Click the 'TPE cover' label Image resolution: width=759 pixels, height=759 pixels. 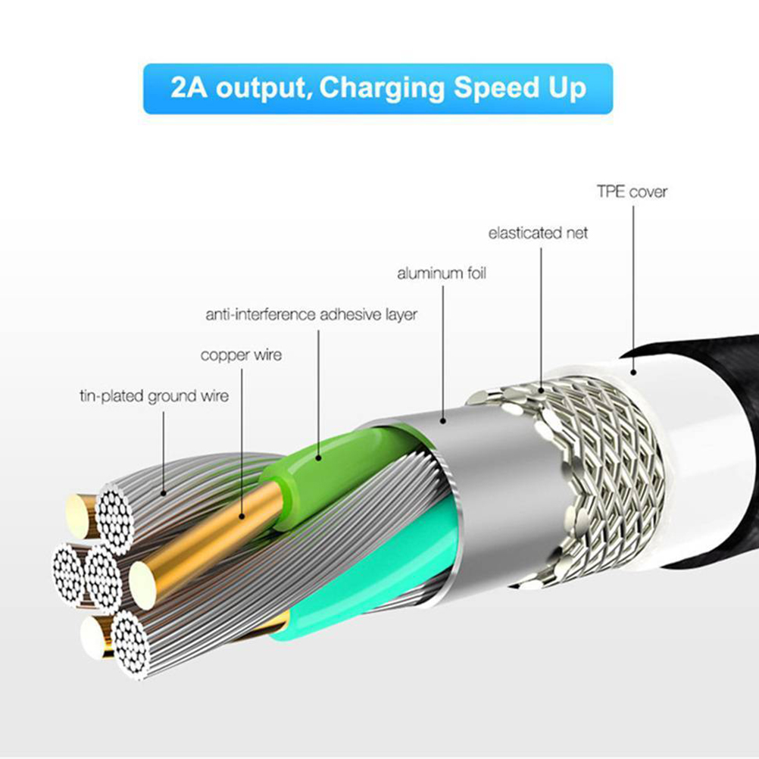[632, 192]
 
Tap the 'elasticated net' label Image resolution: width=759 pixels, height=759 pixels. [538, 233]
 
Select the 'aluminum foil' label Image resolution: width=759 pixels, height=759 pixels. [442, 273]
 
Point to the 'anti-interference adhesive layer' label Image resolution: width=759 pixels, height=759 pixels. [311, 314]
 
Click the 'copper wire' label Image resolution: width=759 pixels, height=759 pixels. [241, 355]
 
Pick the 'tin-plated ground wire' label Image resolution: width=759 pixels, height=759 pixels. [154, 396]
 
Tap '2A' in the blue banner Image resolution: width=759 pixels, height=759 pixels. [189, 88]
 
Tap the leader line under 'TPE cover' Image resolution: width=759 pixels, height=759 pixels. [633, 289]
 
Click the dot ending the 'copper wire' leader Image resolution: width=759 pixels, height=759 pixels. [242, 517]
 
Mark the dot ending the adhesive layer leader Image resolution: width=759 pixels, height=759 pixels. [318, 457]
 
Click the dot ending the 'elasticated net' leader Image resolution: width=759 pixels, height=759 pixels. [541, 389]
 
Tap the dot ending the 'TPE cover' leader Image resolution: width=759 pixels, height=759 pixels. [633, 372]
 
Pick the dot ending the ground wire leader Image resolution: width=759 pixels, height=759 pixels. [164, 494]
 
